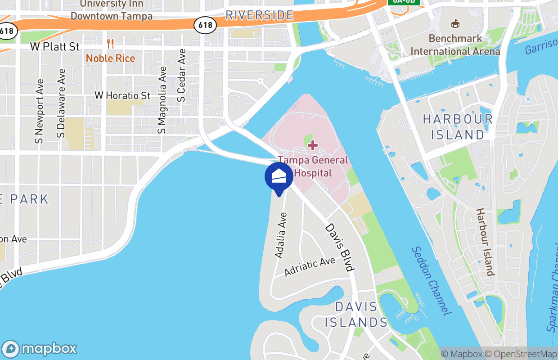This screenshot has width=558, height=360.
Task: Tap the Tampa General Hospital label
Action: pos(313,166)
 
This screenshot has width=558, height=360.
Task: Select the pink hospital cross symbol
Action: pos(313,145)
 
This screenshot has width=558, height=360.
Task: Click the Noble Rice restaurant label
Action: pos(110,58)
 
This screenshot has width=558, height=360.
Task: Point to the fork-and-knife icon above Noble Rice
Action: pos(110,44)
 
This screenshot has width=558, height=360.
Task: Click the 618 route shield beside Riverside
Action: pos(205,25)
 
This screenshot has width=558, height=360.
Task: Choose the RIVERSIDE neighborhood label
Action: pos(259,16)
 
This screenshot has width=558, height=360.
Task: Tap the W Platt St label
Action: pos(55,47)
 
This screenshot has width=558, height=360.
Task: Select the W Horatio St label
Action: pos(122,95)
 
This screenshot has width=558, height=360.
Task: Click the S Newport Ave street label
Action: pos(40,112)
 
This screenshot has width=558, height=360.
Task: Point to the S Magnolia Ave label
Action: pos(162,100)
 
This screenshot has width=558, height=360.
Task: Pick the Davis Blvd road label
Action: pos(340,247)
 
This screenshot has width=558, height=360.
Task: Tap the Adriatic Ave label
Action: pos(310,267)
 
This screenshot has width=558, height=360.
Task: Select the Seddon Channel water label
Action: pos(431,281)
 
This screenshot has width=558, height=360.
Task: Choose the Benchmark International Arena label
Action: pos(455,45)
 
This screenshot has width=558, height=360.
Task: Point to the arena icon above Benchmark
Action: pos(455,23)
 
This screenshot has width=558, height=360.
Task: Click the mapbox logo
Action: pos(39,349)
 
